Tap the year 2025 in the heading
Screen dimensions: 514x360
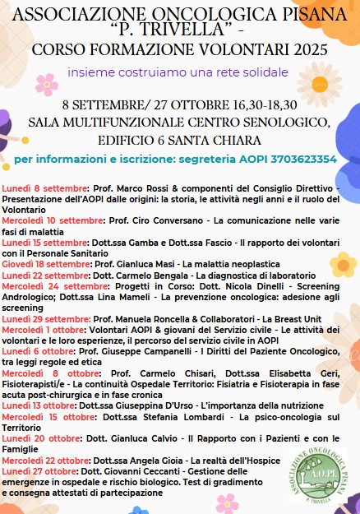coord(306,49)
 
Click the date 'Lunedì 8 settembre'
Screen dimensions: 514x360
coord(38,189)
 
